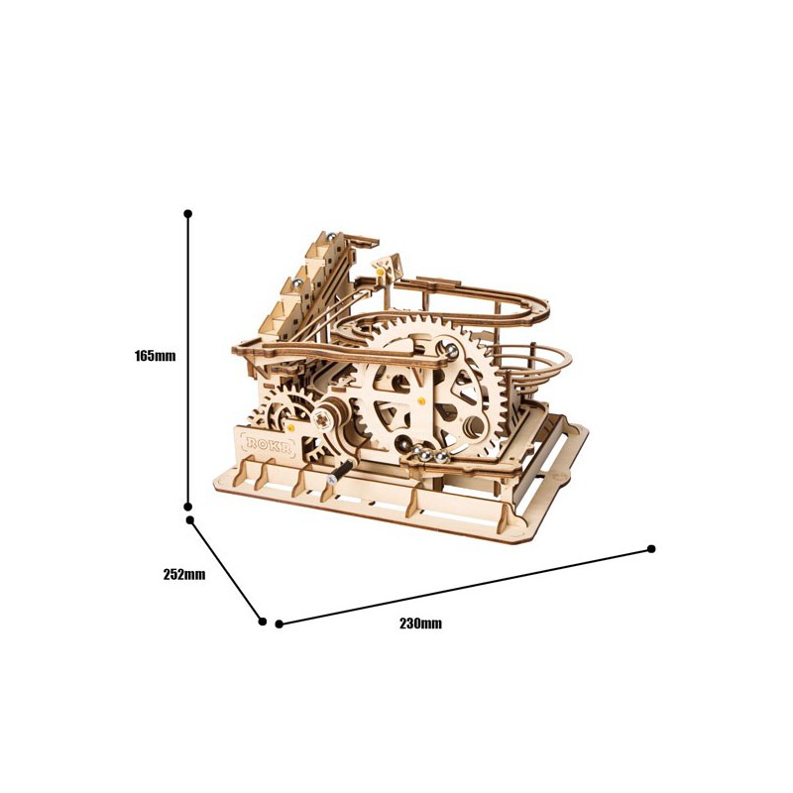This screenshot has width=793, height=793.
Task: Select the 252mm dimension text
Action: [185, 574]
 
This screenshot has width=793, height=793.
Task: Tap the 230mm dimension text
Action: [421, 623]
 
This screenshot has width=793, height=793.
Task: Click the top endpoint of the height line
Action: [188, 213]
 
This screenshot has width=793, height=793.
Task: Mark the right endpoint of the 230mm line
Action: [651, 548]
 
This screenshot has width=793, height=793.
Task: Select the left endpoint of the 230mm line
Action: [280, 623]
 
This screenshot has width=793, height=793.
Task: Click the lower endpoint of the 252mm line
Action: [263, 622]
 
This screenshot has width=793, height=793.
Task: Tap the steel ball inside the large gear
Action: [452, 349]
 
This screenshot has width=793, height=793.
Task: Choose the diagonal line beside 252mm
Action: [226, 570]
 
